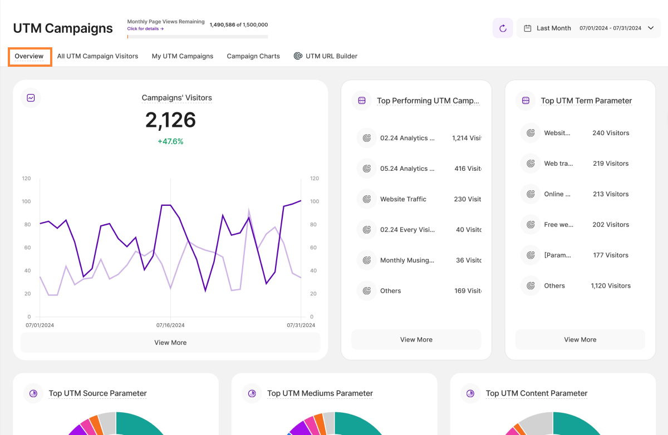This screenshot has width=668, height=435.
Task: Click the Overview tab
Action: coord(30,56)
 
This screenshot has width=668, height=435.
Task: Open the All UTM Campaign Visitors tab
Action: coord(97,56)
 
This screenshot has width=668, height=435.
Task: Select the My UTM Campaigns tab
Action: coord(183,56)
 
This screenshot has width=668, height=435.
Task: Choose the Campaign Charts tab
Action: coord(253,56)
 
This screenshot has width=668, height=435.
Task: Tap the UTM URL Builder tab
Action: coord(326,56)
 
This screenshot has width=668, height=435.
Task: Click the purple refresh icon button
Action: coord(503,28)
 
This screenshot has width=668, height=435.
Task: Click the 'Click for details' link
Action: coord(145,28)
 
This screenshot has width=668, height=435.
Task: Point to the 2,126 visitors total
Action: coord(170,120)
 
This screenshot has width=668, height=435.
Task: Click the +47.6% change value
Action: coord(170,141)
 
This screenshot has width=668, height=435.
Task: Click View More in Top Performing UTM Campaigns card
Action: coord(416,339)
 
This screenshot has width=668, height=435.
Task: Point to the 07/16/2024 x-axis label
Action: coord(170,325)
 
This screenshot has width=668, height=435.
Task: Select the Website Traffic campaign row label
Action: coord(403,199)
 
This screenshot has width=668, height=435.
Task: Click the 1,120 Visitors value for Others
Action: coord(611,286)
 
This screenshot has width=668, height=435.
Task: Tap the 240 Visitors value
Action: coord(611,133)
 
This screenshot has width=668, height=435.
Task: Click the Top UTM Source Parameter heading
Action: coord(97,393)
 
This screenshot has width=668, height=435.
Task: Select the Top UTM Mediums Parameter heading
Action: coord(320,393)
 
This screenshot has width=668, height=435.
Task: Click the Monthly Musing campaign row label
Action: coord(407,260)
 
